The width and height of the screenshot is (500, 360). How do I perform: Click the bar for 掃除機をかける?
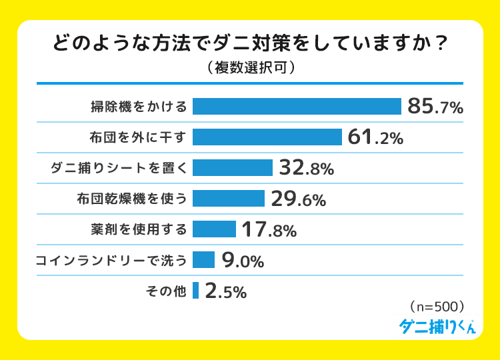click(297, 106)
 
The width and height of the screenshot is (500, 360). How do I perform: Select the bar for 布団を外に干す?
click(267, 137)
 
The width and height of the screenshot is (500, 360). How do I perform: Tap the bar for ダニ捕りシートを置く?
click(233, 167)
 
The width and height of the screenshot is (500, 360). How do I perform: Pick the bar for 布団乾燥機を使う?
click(229, 198)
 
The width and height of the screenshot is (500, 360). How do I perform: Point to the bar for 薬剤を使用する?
click(214, 229)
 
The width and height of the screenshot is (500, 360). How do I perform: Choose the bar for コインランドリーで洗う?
click(203, 259)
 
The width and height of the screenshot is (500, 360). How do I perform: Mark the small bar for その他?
click(196, 290)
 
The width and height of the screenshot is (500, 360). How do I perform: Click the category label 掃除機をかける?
click(139, 107)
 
